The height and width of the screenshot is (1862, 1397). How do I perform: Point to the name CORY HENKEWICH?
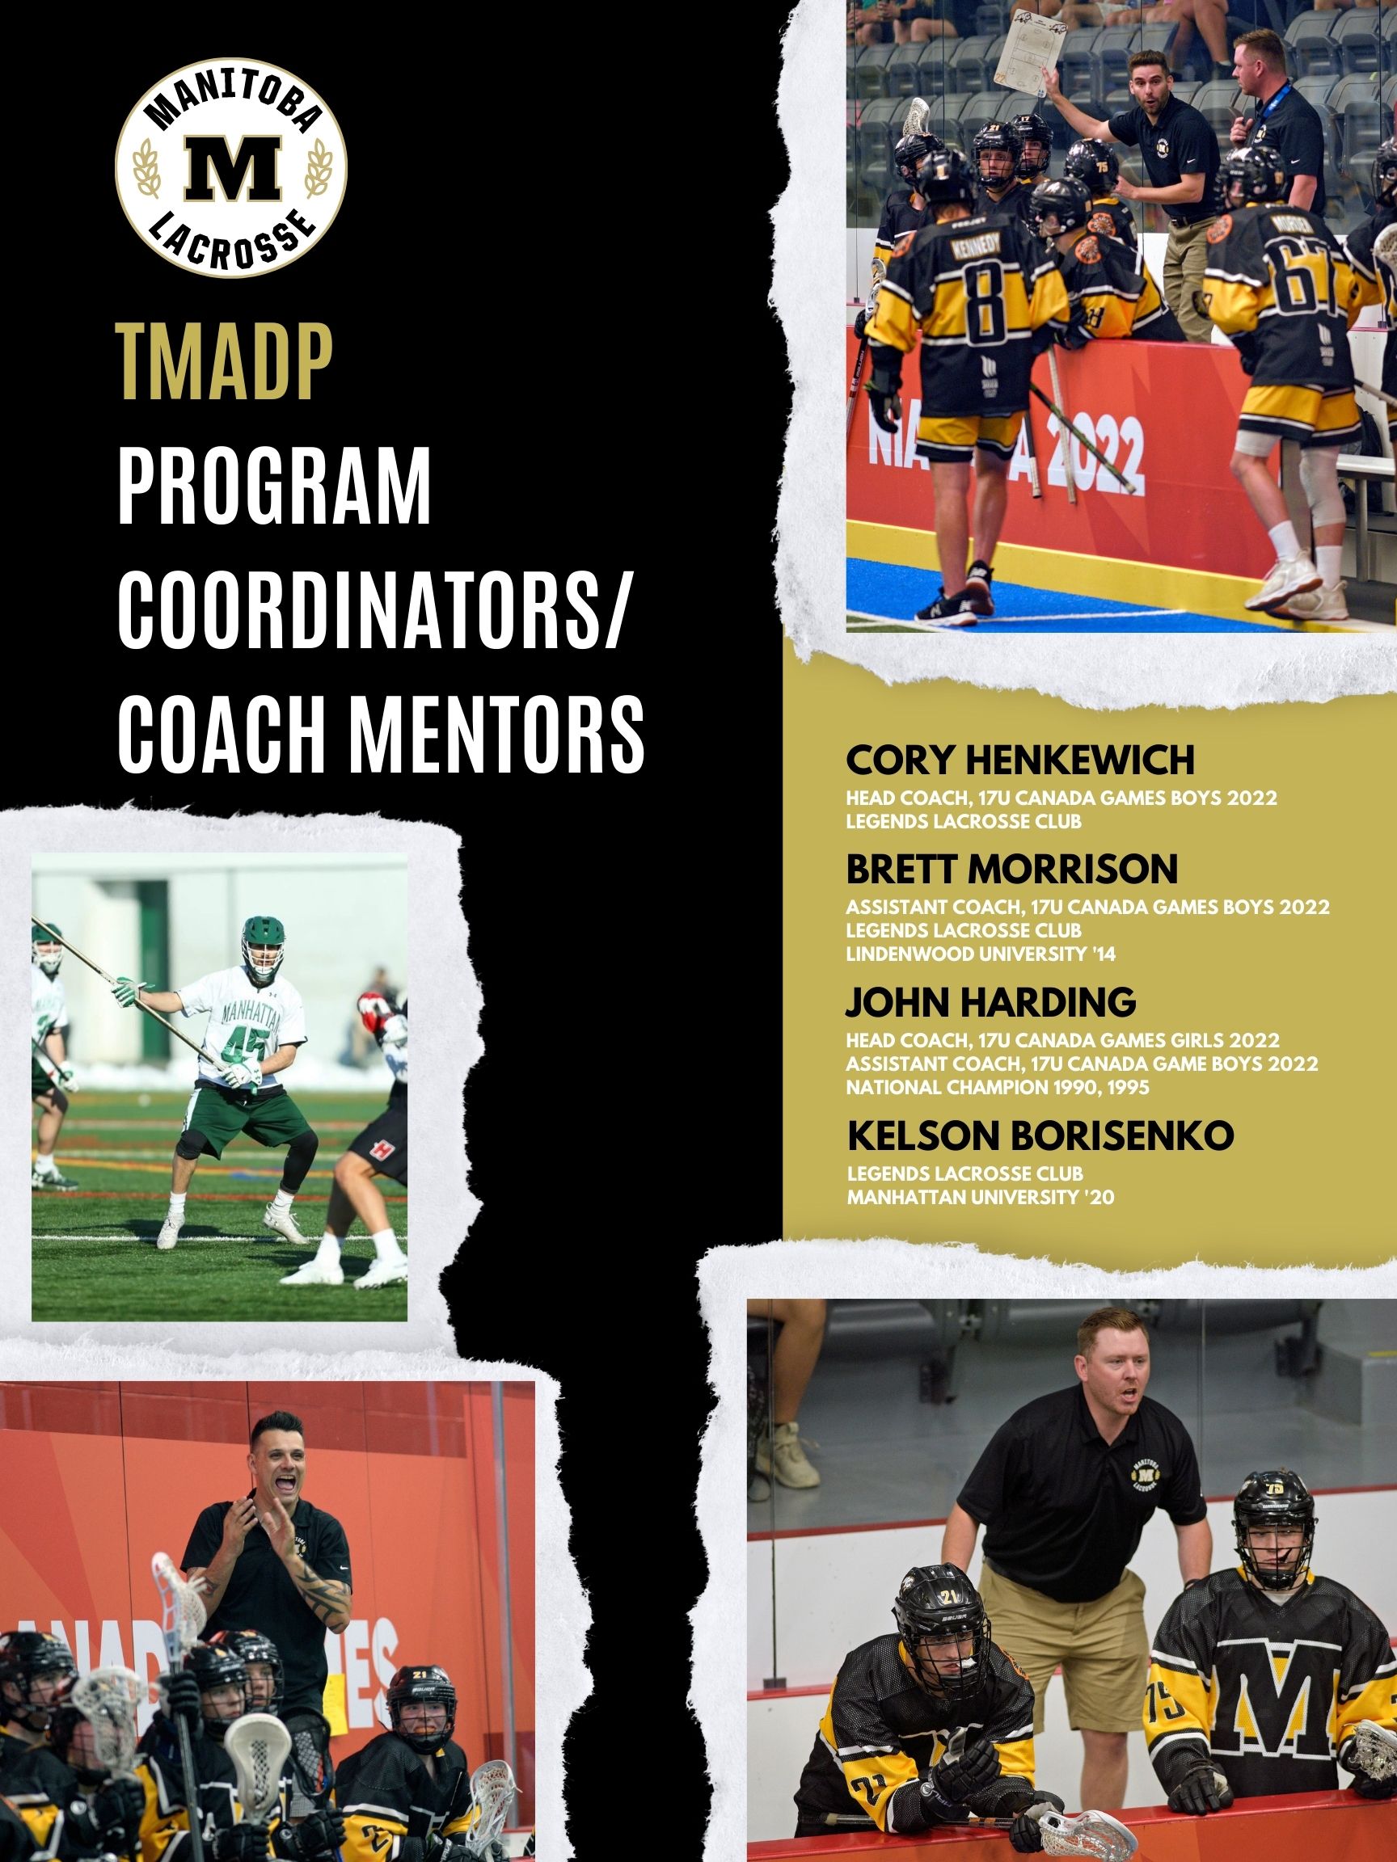pos(1020,760)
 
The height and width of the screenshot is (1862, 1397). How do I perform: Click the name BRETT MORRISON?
pos(1012,870)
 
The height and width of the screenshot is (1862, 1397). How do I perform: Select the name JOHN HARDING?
pos(991,1001)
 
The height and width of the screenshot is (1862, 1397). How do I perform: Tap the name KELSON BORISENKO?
pos(1040,1135)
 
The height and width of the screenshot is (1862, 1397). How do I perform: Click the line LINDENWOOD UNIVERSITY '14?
pos(981,954)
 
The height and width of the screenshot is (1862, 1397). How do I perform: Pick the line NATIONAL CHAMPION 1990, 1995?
pos(998,1087)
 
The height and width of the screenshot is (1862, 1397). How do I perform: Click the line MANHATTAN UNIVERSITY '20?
pos(981,1197)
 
